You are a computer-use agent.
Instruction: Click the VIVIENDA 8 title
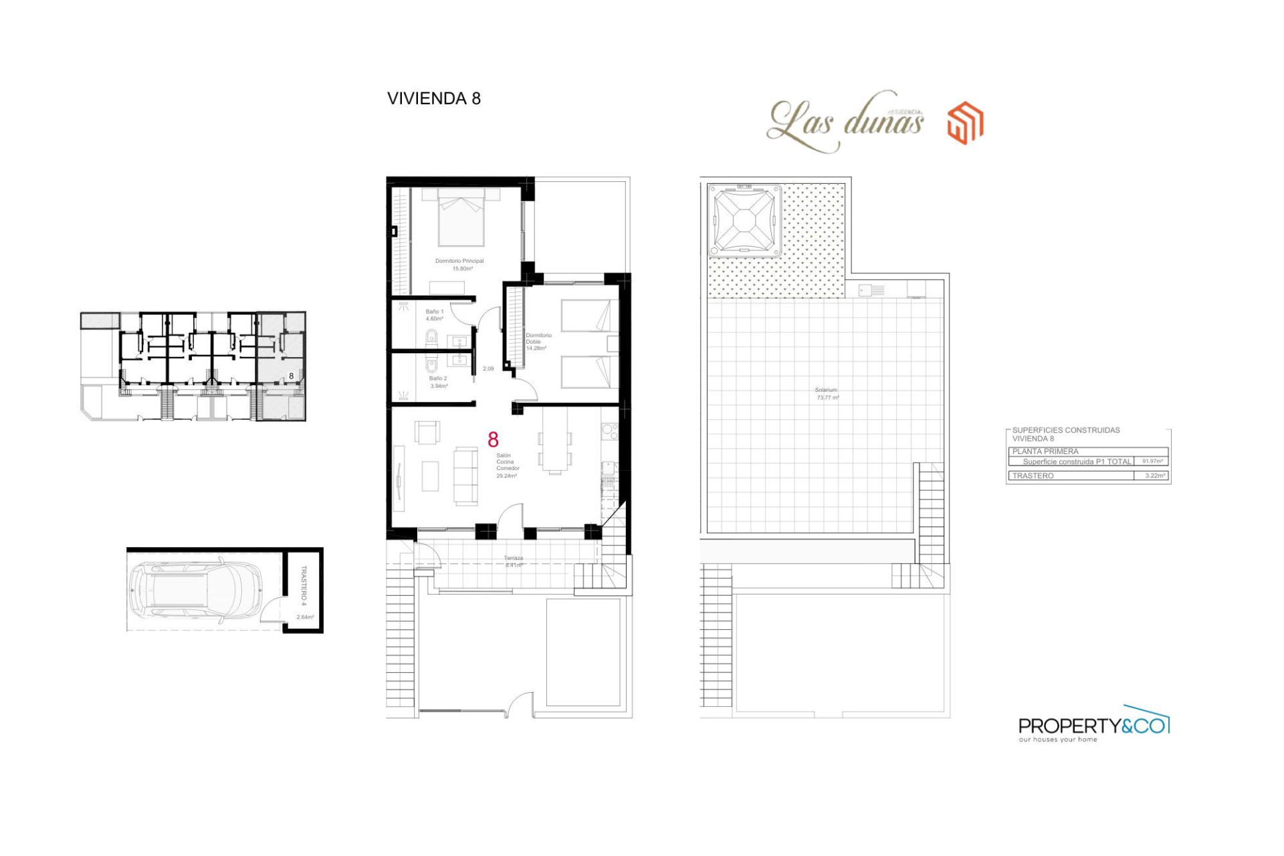(433, 98)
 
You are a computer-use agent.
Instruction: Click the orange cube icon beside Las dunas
(965, 123)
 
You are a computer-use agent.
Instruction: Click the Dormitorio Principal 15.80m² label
(459, 265)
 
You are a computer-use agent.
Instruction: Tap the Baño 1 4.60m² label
(434, 315)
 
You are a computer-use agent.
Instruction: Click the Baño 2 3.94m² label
(438, 382)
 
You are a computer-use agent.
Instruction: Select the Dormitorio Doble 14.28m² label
(538, 342)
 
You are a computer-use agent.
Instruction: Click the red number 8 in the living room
(493, 439)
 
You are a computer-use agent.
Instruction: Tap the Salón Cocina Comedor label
(507, 465)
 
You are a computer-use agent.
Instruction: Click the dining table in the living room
(554, 440)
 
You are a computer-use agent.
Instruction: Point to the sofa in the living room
(465, 476)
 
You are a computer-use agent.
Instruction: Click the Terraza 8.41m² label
(513, 561)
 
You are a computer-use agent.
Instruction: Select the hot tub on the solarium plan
(744, 221)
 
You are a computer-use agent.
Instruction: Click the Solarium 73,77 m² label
(827, 393)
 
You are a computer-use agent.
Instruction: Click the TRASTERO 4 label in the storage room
(303, 586)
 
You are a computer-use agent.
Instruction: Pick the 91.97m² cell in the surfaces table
(1152, 461)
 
